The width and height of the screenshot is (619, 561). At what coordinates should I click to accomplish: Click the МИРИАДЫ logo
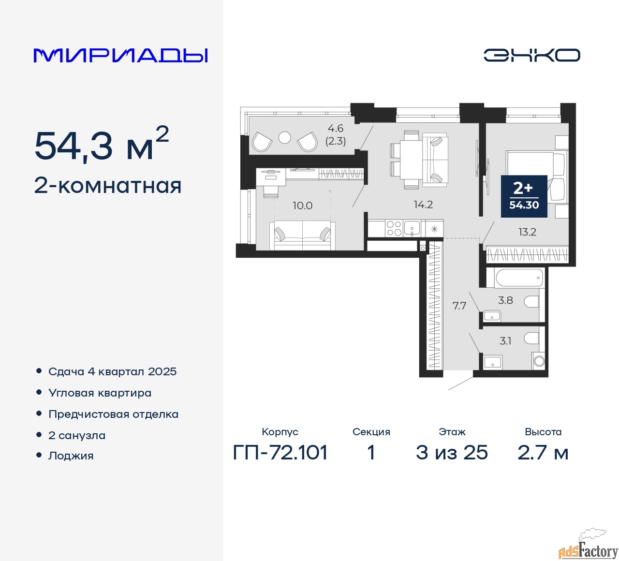[120, 56]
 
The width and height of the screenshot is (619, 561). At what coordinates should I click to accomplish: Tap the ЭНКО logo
[531, 55]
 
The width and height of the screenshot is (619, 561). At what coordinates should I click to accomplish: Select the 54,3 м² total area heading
[102, 144]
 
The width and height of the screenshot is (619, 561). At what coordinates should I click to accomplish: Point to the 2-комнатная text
[108, 186]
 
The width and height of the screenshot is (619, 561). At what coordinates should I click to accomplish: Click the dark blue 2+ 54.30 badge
[524, 196]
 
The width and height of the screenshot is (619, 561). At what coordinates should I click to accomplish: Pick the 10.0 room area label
[302, 206]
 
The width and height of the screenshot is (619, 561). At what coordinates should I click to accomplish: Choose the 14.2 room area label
[423, 204]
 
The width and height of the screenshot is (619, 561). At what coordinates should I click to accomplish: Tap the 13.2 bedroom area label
[527, 232]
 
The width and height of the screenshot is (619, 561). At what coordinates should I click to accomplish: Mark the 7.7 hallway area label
[459, 306]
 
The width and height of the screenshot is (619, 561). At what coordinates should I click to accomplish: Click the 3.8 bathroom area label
[505, 300]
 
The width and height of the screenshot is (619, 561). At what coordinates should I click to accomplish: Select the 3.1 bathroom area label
[505, 341]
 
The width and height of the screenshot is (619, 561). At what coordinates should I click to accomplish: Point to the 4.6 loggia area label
[336, 128]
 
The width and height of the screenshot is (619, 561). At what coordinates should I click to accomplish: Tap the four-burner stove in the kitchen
[394, 228]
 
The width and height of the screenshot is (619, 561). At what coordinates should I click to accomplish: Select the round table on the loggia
[284, 138]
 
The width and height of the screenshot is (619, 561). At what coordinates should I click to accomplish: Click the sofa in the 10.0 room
[302, 235]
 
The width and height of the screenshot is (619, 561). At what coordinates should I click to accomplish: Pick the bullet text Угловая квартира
[100, 393]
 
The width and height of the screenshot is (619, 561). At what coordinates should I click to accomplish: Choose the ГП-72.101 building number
[280, 453]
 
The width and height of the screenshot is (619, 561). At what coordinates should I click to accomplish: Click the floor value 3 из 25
[452, 453]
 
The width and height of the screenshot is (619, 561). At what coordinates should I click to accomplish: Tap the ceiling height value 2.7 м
[543, 453]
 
